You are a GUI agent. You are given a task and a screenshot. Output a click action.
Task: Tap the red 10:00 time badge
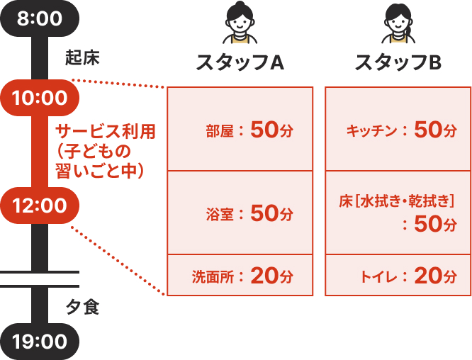pyautogui.click(x=40, y=98)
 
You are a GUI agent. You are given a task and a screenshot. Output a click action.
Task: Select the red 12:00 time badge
pyautogui.click(x=40, y=206)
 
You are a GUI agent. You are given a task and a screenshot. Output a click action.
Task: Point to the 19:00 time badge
pyautogui.click(x=40, y=342)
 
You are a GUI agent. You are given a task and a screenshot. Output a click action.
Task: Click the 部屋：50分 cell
pyautogui.click(x=240, y=129)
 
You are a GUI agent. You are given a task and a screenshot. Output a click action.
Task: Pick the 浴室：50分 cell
pyautogui.click(x=240, y=212)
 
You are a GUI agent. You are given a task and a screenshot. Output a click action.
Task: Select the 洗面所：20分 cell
pyautogui.click(x=240, y=275)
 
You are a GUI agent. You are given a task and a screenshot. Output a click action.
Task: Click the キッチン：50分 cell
pyautogui.click(x=398, y=129)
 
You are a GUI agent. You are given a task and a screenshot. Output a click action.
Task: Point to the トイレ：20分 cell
pyautogui.click(x=398, y=275)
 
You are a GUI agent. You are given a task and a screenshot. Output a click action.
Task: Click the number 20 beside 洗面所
pyautogui.click(x=264, y=275)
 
